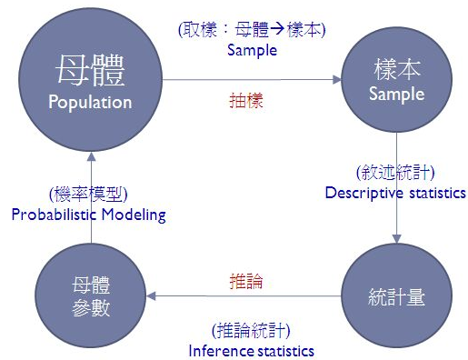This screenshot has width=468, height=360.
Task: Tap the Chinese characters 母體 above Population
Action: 90,70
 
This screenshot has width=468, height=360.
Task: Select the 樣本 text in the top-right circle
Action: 396,70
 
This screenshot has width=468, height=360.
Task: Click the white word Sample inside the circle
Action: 396,94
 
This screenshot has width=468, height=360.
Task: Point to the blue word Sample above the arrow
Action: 251,51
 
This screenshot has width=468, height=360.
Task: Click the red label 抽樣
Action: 245,101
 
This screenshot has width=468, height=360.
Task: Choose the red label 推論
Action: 245,281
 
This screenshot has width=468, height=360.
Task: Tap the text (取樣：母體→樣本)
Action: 252,30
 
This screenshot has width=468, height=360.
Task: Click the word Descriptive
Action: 363,193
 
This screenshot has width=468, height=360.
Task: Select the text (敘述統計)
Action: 395,172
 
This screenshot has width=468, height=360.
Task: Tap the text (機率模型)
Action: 88,194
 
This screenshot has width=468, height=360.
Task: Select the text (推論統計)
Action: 251,329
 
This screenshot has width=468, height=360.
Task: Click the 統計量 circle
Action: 396,297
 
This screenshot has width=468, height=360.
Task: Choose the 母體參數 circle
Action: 90,297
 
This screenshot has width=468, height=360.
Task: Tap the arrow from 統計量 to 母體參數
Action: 245,296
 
